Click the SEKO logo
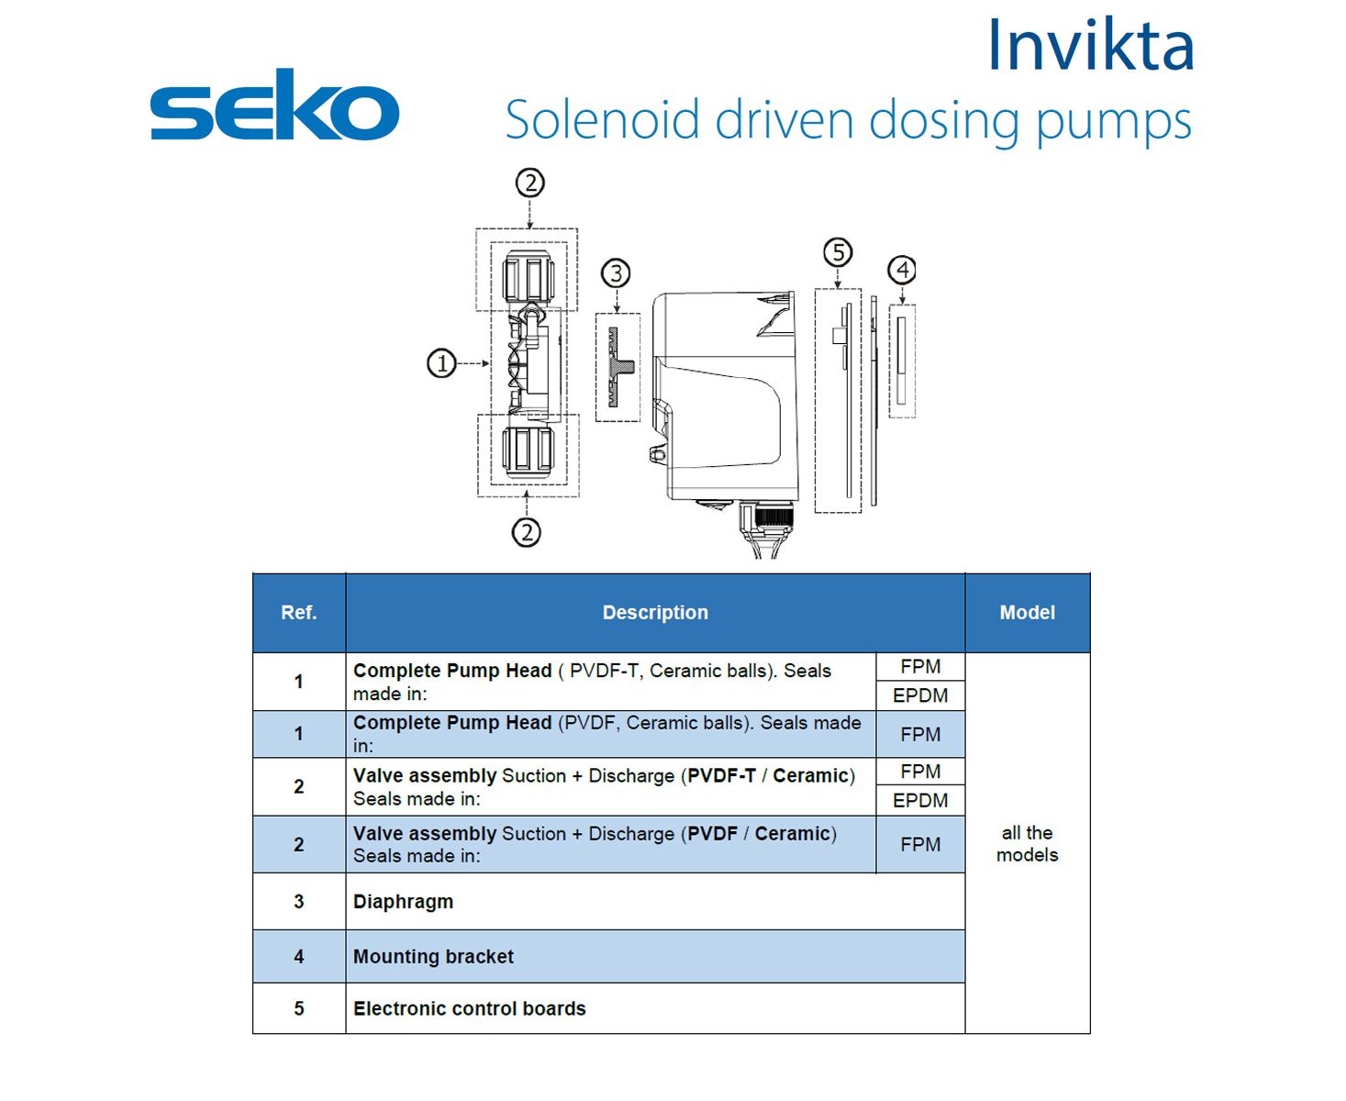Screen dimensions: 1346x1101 274,105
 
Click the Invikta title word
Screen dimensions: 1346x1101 1090,45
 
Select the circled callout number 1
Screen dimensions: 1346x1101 441,364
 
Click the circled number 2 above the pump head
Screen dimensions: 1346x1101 529,183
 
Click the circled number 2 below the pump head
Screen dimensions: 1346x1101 527,532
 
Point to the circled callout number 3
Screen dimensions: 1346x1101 616,273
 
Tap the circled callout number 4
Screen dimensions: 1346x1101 902,270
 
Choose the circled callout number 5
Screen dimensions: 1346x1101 838,252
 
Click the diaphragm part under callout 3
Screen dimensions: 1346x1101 617,367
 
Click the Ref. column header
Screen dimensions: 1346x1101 299,613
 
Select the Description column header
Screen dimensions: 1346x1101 655,613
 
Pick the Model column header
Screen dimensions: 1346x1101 1027,613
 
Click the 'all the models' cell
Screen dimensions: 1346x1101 1027,843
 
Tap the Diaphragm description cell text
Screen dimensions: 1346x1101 403,902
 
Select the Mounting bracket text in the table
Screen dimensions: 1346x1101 433,956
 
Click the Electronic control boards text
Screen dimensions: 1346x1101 469,1008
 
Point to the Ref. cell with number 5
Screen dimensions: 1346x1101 299,1008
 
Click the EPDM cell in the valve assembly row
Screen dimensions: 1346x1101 920,800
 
